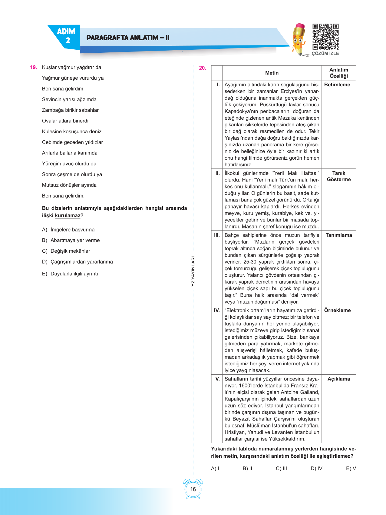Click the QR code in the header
click(x=325, y=37)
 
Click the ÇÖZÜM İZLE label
click(x=325, y=53)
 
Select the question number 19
click(x=33, y=67)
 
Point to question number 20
click(x=202, y=68)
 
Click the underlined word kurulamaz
click(x=68, y=215)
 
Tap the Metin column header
click(x=272, y=73)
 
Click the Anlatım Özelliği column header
click(x=338, y=73)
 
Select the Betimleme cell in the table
click(x=337, y=85)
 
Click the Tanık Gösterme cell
click(x=338, y=176)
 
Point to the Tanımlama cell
click(x=338, y=235)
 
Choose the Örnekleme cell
click(x=337, y=310)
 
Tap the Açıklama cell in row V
click(x=338, y=379)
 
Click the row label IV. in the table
click(x=217, y=310)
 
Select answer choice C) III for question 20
click(x=281, y=468)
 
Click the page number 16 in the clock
click(x=193, y=489)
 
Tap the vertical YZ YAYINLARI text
click(x=193, y=271)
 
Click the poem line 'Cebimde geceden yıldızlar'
click(x=72, y=142)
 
